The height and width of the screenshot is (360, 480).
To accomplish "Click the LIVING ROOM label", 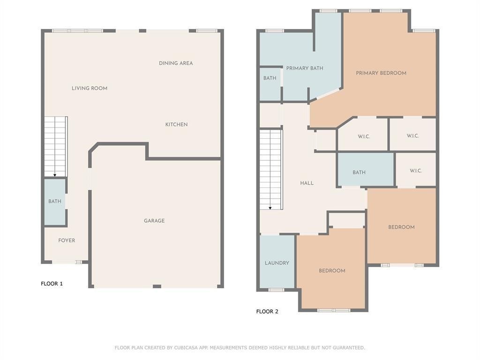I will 90,88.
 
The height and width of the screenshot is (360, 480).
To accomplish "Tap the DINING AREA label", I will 176,63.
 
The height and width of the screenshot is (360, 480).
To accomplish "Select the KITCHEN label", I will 176,125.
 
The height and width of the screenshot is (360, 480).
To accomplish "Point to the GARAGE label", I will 154,221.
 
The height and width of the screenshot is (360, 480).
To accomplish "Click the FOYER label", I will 67,240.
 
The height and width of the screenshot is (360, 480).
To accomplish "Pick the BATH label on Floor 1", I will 55,202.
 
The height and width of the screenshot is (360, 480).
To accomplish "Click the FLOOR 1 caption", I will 52,284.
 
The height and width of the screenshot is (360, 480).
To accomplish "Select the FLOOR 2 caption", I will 267,311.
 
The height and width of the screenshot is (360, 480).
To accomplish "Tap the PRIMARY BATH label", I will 305,68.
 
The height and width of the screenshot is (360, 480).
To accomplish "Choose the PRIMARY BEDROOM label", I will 381,73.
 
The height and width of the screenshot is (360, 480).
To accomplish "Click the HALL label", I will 307,183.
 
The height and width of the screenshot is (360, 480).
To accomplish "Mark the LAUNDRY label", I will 277,263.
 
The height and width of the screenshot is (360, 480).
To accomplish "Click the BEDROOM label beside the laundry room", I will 332,270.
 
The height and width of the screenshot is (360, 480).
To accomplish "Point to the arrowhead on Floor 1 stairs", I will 55,175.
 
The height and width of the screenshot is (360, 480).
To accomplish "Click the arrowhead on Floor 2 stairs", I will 270,208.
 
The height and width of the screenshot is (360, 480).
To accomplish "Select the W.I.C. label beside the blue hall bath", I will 416,171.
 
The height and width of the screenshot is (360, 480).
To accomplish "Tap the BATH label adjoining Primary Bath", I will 270,78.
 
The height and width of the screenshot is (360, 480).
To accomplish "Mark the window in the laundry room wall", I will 276,290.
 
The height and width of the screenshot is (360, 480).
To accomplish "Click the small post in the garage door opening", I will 157,286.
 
